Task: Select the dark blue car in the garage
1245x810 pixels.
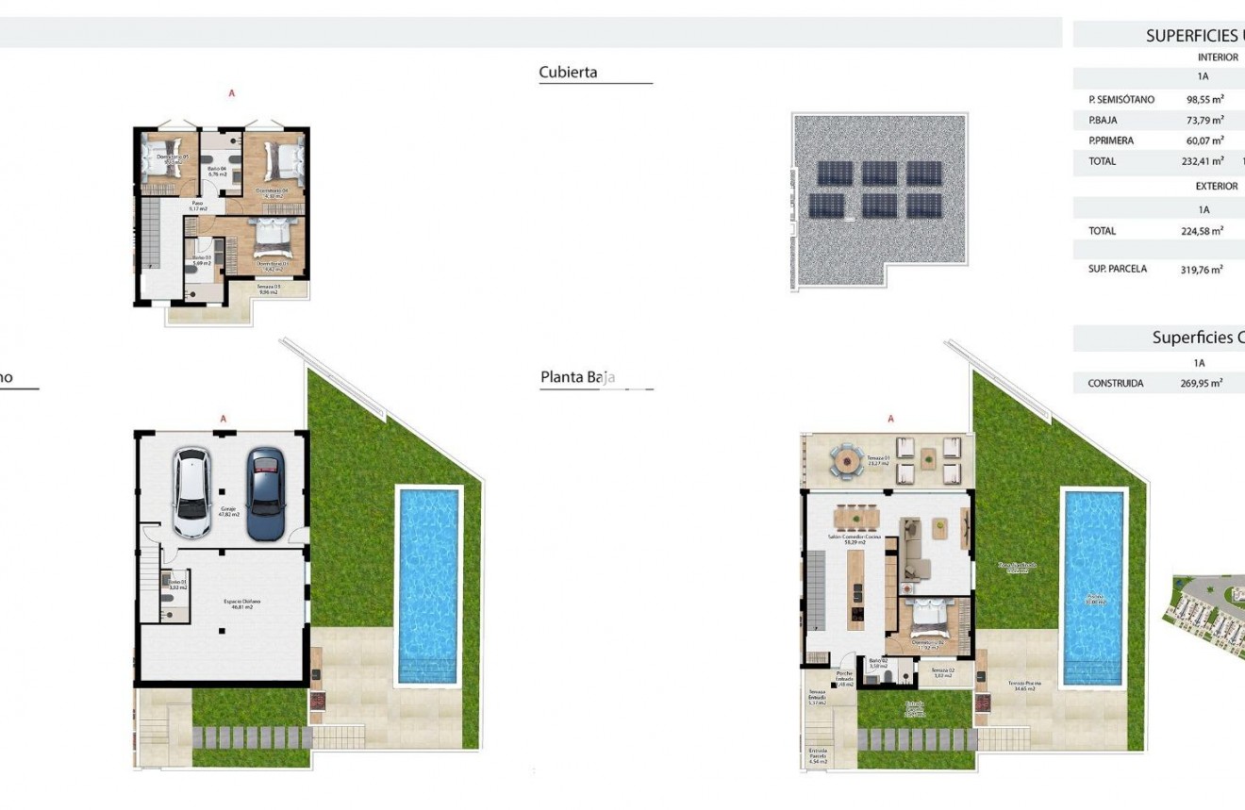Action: click(265, 492)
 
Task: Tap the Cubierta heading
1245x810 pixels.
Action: click(568, 73)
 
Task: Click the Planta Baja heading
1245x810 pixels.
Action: click(577, 378)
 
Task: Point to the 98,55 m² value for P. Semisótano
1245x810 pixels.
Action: click(1204, 99)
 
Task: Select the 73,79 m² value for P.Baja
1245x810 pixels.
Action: click(1204, 120)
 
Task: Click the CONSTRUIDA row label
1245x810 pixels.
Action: click(1115, 384)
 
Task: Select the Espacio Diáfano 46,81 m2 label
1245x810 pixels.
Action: click(241, 604)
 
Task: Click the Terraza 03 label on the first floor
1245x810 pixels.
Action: click(269, 289)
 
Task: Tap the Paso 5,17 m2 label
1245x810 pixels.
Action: click(198, 205)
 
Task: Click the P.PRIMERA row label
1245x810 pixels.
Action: click(1111, 141)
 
